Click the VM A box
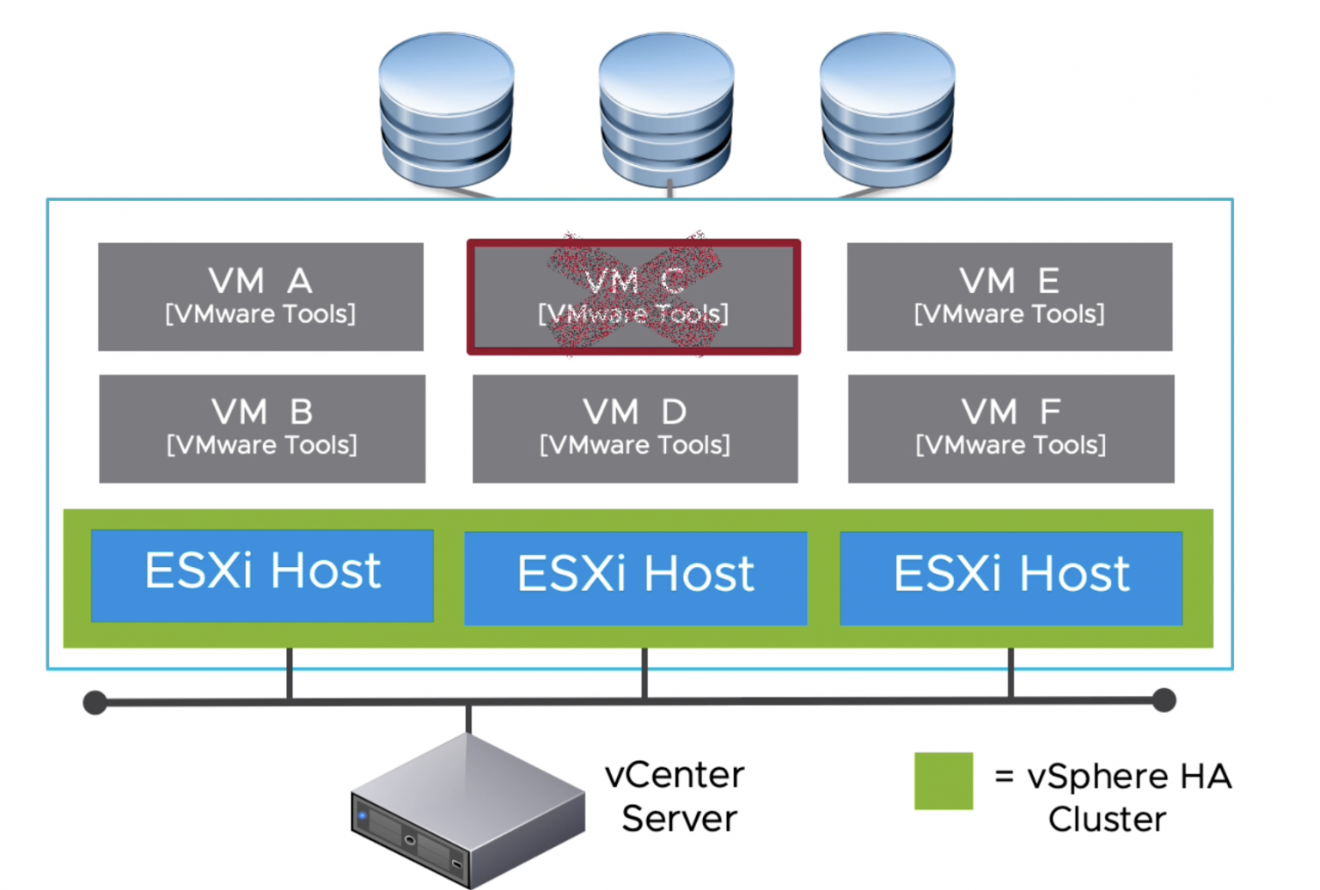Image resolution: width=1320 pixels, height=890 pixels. [x=260, y=296]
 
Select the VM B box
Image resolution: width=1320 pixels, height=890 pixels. [x=262, y=428]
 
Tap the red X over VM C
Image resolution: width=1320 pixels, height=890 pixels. [x=634, y=294]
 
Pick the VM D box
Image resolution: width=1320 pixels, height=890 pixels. [x=635, y=428]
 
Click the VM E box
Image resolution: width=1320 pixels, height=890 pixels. [x=1009, y=296]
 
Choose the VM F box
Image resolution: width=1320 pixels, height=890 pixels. [x=1011, y=428]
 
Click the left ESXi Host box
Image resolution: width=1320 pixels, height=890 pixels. [x=262, y=575]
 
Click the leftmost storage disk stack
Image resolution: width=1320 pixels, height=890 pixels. [x=446, y=110]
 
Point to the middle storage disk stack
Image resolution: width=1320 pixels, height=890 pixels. [x=666, y=110]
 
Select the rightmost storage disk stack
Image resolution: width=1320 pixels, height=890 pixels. [x=887, y=110]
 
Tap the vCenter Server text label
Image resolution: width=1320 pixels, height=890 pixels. [x=676, y=796]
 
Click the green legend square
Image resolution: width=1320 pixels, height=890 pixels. [x=943, y=780]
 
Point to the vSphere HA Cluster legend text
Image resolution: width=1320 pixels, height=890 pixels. [x=1114, y=797]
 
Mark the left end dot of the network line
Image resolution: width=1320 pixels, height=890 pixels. [x=95, y=703]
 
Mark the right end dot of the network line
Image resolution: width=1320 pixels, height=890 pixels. [x=1164, y=700]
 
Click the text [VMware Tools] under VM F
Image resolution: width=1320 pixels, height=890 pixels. [x=1011, y=445]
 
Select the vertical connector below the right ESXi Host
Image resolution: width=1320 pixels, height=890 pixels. [x=1011, y=674]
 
